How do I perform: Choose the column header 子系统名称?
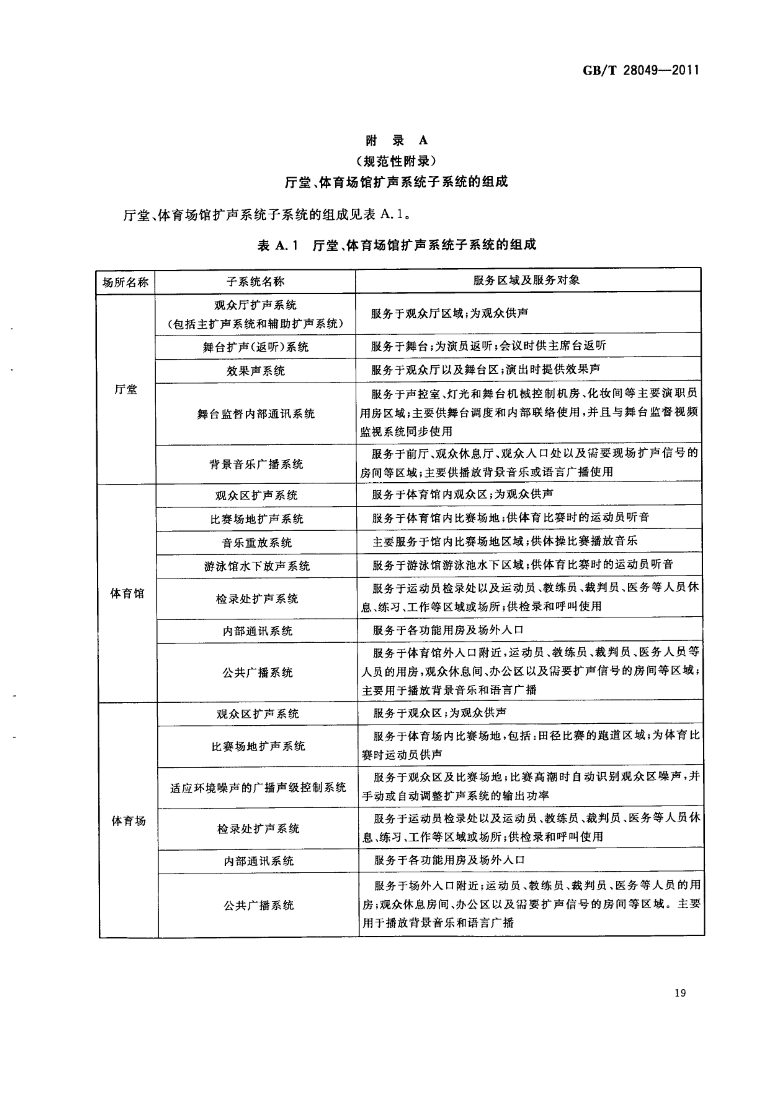(255, 282)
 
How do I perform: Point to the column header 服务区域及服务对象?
(526, 280)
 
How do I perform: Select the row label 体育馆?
(127, 593)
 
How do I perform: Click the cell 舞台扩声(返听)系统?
(255, 347)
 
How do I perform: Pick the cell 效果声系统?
(255, 371)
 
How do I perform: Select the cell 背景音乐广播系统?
(256, 464)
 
